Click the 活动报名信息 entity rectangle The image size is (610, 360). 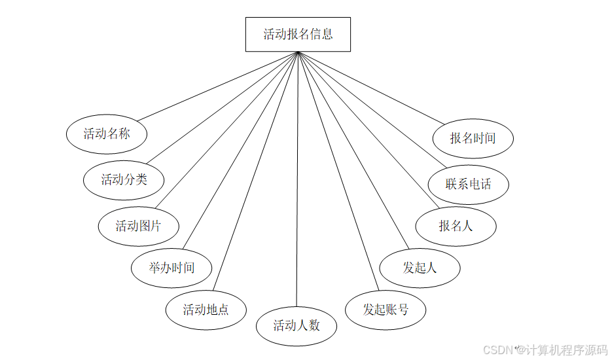coord(298,34)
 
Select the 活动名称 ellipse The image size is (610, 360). coord(107,134)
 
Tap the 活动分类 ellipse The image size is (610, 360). coord(124,179)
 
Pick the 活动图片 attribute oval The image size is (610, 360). coord(138,226)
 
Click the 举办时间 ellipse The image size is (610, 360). coord(171,267)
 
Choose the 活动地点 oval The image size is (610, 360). coord(206,309)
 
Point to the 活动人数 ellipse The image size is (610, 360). coord(296,325)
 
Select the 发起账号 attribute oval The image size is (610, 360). coord(386,309)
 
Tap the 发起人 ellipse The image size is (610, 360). coord(420,267)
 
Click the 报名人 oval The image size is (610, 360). coord(456,226)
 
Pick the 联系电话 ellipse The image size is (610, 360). coord(468,184)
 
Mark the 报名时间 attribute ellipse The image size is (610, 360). coord(473,138)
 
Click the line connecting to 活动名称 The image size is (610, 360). coord(216,86)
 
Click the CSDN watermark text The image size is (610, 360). coord(497,350)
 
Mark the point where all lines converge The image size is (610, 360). coord(298,52)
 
